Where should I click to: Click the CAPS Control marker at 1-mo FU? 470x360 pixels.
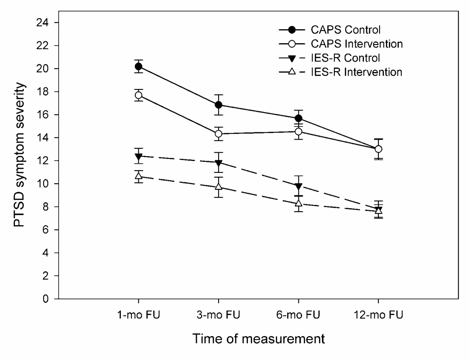[x=139, y=66]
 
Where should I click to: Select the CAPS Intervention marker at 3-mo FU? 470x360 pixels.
[x=218, y=134]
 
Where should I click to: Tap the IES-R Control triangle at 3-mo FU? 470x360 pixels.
[x=218, y=163]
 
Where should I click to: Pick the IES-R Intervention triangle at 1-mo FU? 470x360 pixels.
[x=139, y=176]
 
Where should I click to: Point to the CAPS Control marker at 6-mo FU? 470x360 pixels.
[x=298, y=118]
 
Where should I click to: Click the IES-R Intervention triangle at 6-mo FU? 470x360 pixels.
[x=298, y=203]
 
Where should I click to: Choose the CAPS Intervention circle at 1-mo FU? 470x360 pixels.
[x=139, y=95]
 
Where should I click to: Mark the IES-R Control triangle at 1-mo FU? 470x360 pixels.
[x=139, y=156]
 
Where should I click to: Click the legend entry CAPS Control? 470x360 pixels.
[x=346, y=30]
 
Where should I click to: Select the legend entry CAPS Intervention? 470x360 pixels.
[x=357, y=44]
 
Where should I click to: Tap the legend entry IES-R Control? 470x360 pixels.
[x=345, y=58]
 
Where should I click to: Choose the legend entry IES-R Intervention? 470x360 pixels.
[x=356, y=72]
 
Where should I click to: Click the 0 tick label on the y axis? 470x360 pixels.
[x=45, y=299]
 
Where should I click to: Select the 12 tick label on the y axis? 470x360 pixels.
[x=43, y=161]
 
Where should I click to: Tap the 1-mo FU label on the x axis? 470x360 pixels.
[x=139, y=314]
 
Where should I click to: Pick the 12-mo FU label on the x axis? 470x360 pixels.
[x=378, y=314]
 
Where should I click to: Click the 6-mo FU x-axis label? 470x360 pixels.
[x=298, y=314]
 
